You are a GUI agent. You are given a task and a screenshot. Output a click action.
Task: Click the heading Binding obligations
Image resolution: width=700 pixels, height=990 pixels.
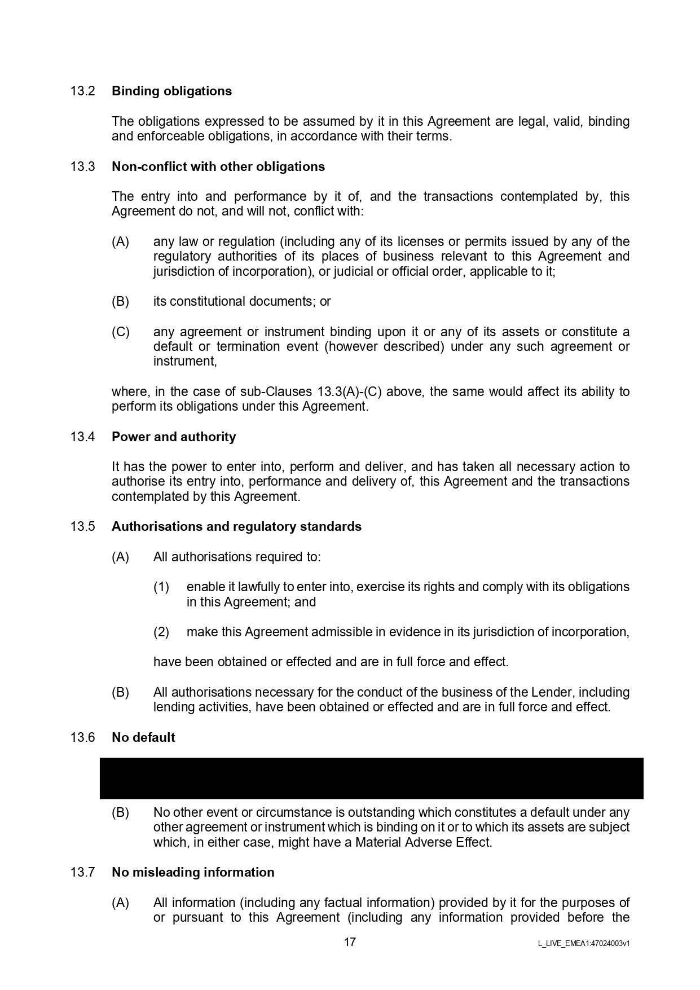click(x=171, y=91)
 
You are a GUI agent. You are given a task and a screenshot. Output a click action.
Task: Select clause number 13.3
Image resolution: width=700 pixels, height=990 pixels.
click(x=82, y=166)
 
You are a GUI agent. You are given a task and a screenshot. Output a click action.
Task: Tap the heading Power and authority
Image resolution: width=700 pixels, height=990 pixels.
click(x=174, y=437)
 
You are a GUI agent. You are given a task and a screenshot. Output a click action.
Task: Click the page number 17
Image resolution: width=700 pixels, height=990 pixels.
click(x=350, y=942)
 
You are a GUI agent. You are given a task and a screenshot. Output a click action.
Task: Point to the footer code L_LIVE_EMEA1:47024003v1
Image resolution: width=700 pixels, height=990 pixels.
click(x=584, y=943)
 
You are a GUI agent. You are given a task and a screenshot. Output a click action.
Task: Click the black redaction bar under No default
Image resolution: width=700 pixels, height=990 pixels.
click(x=371, y=778)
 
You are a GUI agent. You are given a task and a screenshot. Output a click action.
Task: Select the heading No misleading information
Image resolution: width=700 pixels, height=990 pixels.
click(x=193, y=872)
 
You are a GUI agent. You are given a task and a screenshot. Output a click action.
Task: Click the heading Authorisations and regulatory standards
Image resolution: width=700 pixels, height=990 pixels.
click(x=236, y=526)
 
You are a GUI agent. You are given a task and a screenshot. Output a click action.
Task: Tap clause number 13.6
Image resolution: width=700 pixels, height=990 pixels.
click(x=82, y=737)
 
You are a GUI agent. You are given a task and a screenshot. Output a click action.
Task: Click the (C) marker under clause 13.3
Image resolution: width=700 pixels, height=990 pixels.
click(x=121, y=332)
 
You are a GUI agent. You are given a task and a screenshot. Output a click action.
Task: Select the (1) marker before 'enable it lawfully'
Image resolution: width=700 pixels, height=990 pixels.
click(x=161, y=587)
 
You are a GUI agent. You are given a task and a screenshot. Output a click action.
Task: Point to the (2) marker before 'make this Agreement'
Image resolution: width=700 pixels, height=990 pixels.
click(x=161, y=632)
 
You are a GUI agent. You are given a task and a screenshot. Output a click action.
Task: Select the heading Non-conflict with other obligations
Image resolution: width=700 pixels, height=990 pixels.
click(x=218, y=166)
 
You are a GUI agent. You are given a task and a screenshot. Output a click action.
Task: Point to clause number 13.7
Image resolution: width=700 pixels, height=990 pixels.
click(x=82, y=872)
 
